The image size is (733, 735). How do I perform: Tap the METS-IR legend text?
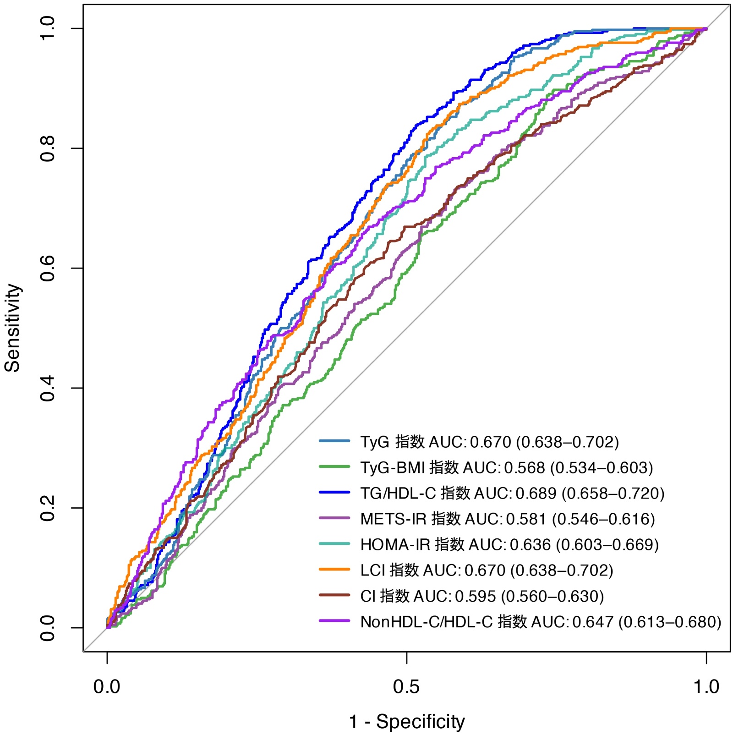pos(507,519)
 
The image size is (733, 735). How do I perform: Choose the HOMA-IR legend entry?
pos(509,544)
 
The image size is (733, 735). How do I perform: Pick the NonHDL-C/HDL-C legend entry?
pos(541,622)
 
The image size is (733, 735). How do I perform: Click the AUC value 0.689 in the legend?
pos(536,493)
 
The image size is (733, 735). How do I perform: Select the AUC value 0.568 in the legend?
pos(525,467)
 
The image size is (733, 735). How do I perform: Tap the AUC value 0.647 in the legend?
pos(593,622)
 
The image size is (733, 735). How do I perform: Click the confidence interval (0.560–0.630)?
pos(552,596)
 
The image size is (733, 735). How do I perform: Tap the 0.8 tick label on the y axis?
pos(48,148)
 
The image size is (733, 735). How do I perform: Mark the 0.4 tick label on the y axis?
pos(48,388)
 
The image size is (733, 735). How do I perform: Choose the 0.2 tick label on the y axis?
pos(48,508)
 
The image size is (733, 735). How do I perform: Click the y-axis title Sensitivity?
pos(13,328)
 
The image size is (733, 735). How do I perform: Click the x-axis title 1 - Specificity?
pos(407,721)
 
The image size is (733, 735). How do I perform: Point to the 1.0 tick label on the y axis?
pos(48,28)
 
